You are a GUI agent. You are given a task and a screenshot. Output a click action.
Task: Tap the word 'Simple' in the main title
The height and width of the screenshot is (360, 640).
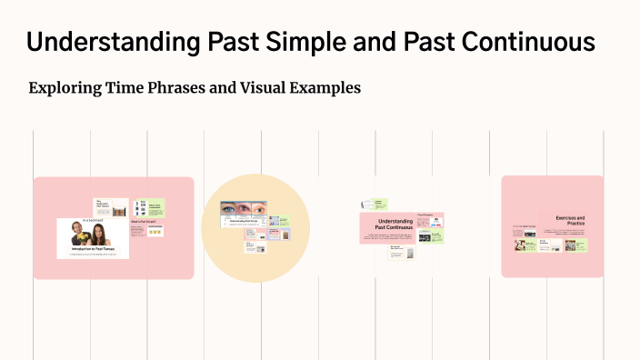click(296, 42)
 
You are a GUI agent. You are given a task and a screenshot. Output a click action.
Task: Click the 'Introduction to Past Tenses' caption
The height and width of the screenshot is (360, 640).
click(92, 247)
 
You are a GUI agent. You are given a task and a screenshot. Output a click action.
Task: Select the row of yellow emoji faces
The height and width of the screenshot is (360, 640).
click(155, 233)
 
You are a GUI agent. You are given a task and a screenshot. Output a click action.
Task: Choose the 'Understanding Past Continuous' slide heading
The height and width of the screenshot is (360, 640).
click(395, 224)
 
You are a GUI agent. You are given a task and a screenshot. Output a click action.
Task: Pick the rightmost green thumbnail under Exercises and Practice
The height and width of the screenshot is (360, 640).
click(576, 244)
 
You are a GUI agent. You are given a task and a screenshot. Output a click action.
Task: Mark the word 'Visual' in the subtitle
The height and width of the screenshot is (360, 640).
click(256, 88)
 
